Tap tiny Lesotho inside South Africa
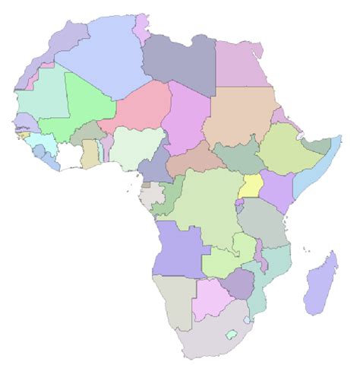(231, 335)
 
